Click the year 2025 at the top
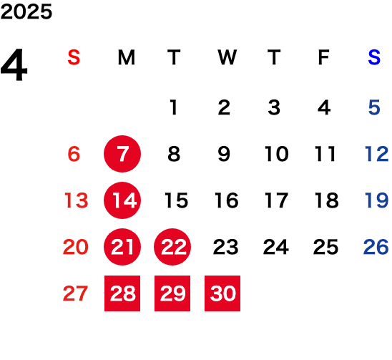(26, 11)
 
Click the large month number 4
(14, 64)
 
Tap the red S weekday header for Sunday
(74, 57)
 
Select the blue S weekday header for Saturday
(374, 57)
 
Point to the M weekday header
(127, 57)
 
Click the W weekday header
(227, 57)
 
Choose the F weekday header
(324, 57)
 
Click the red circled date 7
(122, 154)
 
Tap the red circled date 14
(122, 200)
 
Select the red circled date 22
(172, 247)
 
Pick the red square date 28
(122, 293)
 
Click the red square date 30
(222, 293)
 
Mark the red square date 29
(172, 293)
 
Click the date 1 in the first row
(174, 107)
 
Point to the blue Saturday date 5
(374, 107)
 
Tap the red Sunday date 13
(77, 200)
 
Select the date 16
(227, 200)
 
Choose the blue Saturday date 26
(376, 247)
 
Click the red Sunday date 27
(75, 293)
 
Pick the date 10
(277, 154)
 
